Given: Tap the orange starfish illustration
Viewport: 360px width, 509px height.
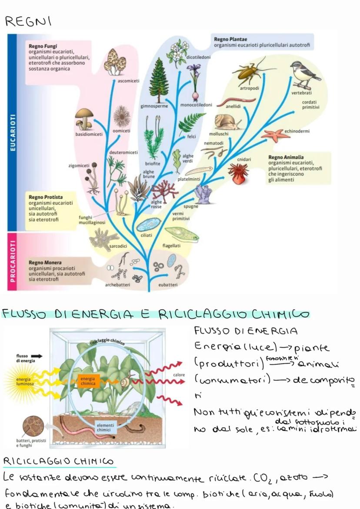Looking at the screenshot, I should tap(275, 134).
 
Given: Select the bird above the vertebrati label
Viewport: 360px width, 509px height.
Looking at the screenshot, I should tap(304, 74).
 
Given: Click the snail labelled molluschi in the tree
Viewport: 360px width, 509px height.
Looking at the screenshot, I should tap(227, 122).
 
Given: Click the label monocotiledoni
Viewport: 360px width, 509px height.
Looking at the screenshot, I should tap(196, 105).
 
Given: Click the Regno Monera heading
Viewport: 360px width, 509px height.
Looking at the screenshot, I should tap(45, 263).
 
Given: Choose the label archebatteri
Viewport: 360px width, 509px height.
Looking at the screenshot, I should tap(117, 285).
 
